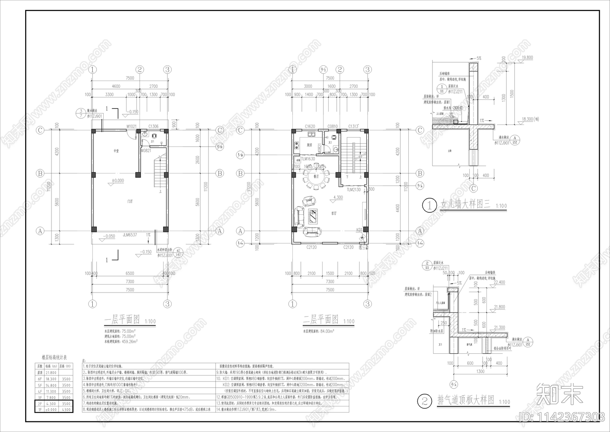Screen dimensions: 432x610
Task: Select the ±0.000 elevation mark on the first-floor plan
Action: point(117,181)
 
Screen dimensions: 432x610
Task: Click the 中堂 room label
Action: point(116,151)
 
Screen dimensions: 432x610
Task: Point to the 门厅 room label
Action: point(130,201)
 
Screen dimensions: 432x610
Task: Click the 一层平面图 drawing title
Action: point(122,320)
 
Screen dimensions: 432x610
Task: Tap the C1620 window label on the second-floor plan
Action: point(310,126)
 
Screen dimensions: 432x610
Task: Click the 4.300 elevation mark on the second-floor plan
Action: point(338,198)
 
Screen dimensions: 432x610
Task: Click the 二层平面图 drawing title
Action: point(321,319)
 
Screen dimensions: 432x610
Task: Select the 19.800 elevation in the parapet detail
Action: point(527,58)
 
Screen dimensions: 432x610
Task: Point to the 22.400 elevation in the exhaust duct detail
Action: point(499,282)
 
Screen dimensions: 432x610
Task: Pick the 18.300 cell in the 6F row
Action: point(51,379)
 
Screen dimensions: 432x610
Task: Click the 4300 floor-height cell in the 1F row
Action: point(66,409)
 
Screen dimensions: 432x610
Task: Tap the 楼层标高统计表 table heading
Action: point(54,358)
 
